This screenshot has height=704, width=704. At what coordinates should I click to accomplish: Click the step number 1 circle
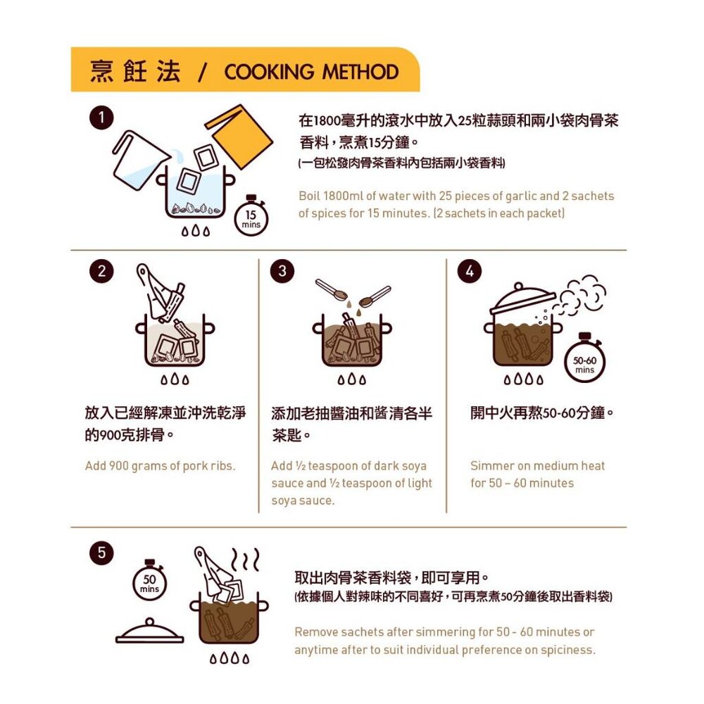point(101,118)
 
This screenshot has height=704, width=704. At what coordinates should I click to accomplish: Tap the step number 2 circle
point(101,271)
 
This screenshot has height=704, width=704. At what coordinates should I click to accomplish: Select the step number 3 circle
point(282,271)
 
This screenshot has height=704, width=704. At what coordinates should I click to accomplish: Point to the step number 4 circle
point(470,271)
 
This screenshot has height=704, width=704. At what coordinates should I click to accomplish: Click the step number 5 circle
point(101,553)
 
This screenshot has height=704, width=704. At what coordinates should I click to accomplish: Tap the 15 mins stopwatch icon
point(251,218)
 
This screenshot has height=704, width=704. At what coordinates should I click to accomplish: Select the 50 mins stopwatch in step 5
point(149,582)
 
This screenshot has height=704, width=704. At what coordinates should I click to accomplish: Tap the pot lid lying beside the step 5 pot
point(149,631)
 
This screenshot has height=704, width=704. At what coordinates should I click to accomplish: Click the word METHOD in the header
point(360,72)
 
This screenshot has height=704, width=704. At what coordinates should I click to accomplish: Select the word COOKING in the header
point(270,72)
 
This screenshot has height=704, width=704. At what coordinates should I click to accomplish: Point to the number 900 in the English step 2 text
point(119,465)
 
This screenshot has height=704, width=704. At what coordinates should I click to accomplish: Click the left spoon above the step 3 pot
point(332,290)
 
